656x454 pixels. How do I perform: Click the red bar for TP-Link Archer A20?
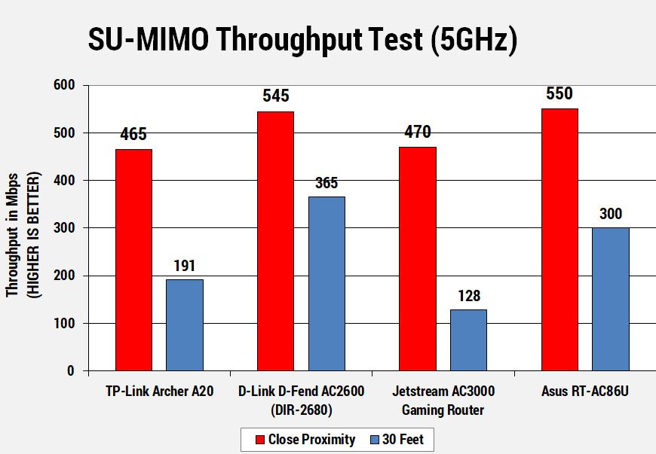click(x=133, y=260)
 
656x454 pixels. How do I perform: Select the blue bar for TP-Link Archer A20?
click(x=185, y=325)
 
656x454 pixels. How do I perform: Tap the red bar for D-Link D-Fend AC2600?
click(x=275, y=241)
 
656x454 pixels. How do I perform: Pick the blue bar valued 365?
click(x=326, y=284)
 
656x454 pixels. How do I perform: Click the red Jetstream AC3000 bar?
click(x=418, y=259)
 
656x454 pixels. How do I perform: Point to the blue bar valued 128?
click(x=468, y=340)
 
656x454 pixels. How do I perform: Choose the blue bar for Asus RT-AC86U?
click(x=610, y=299)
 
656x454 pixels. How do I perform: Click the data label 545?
click(x=275, y=96)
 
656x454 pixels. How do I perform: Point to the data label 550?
click(x=559, y=94)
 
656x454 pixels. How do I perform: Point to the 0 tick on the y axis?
click(x=72, y=370)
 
